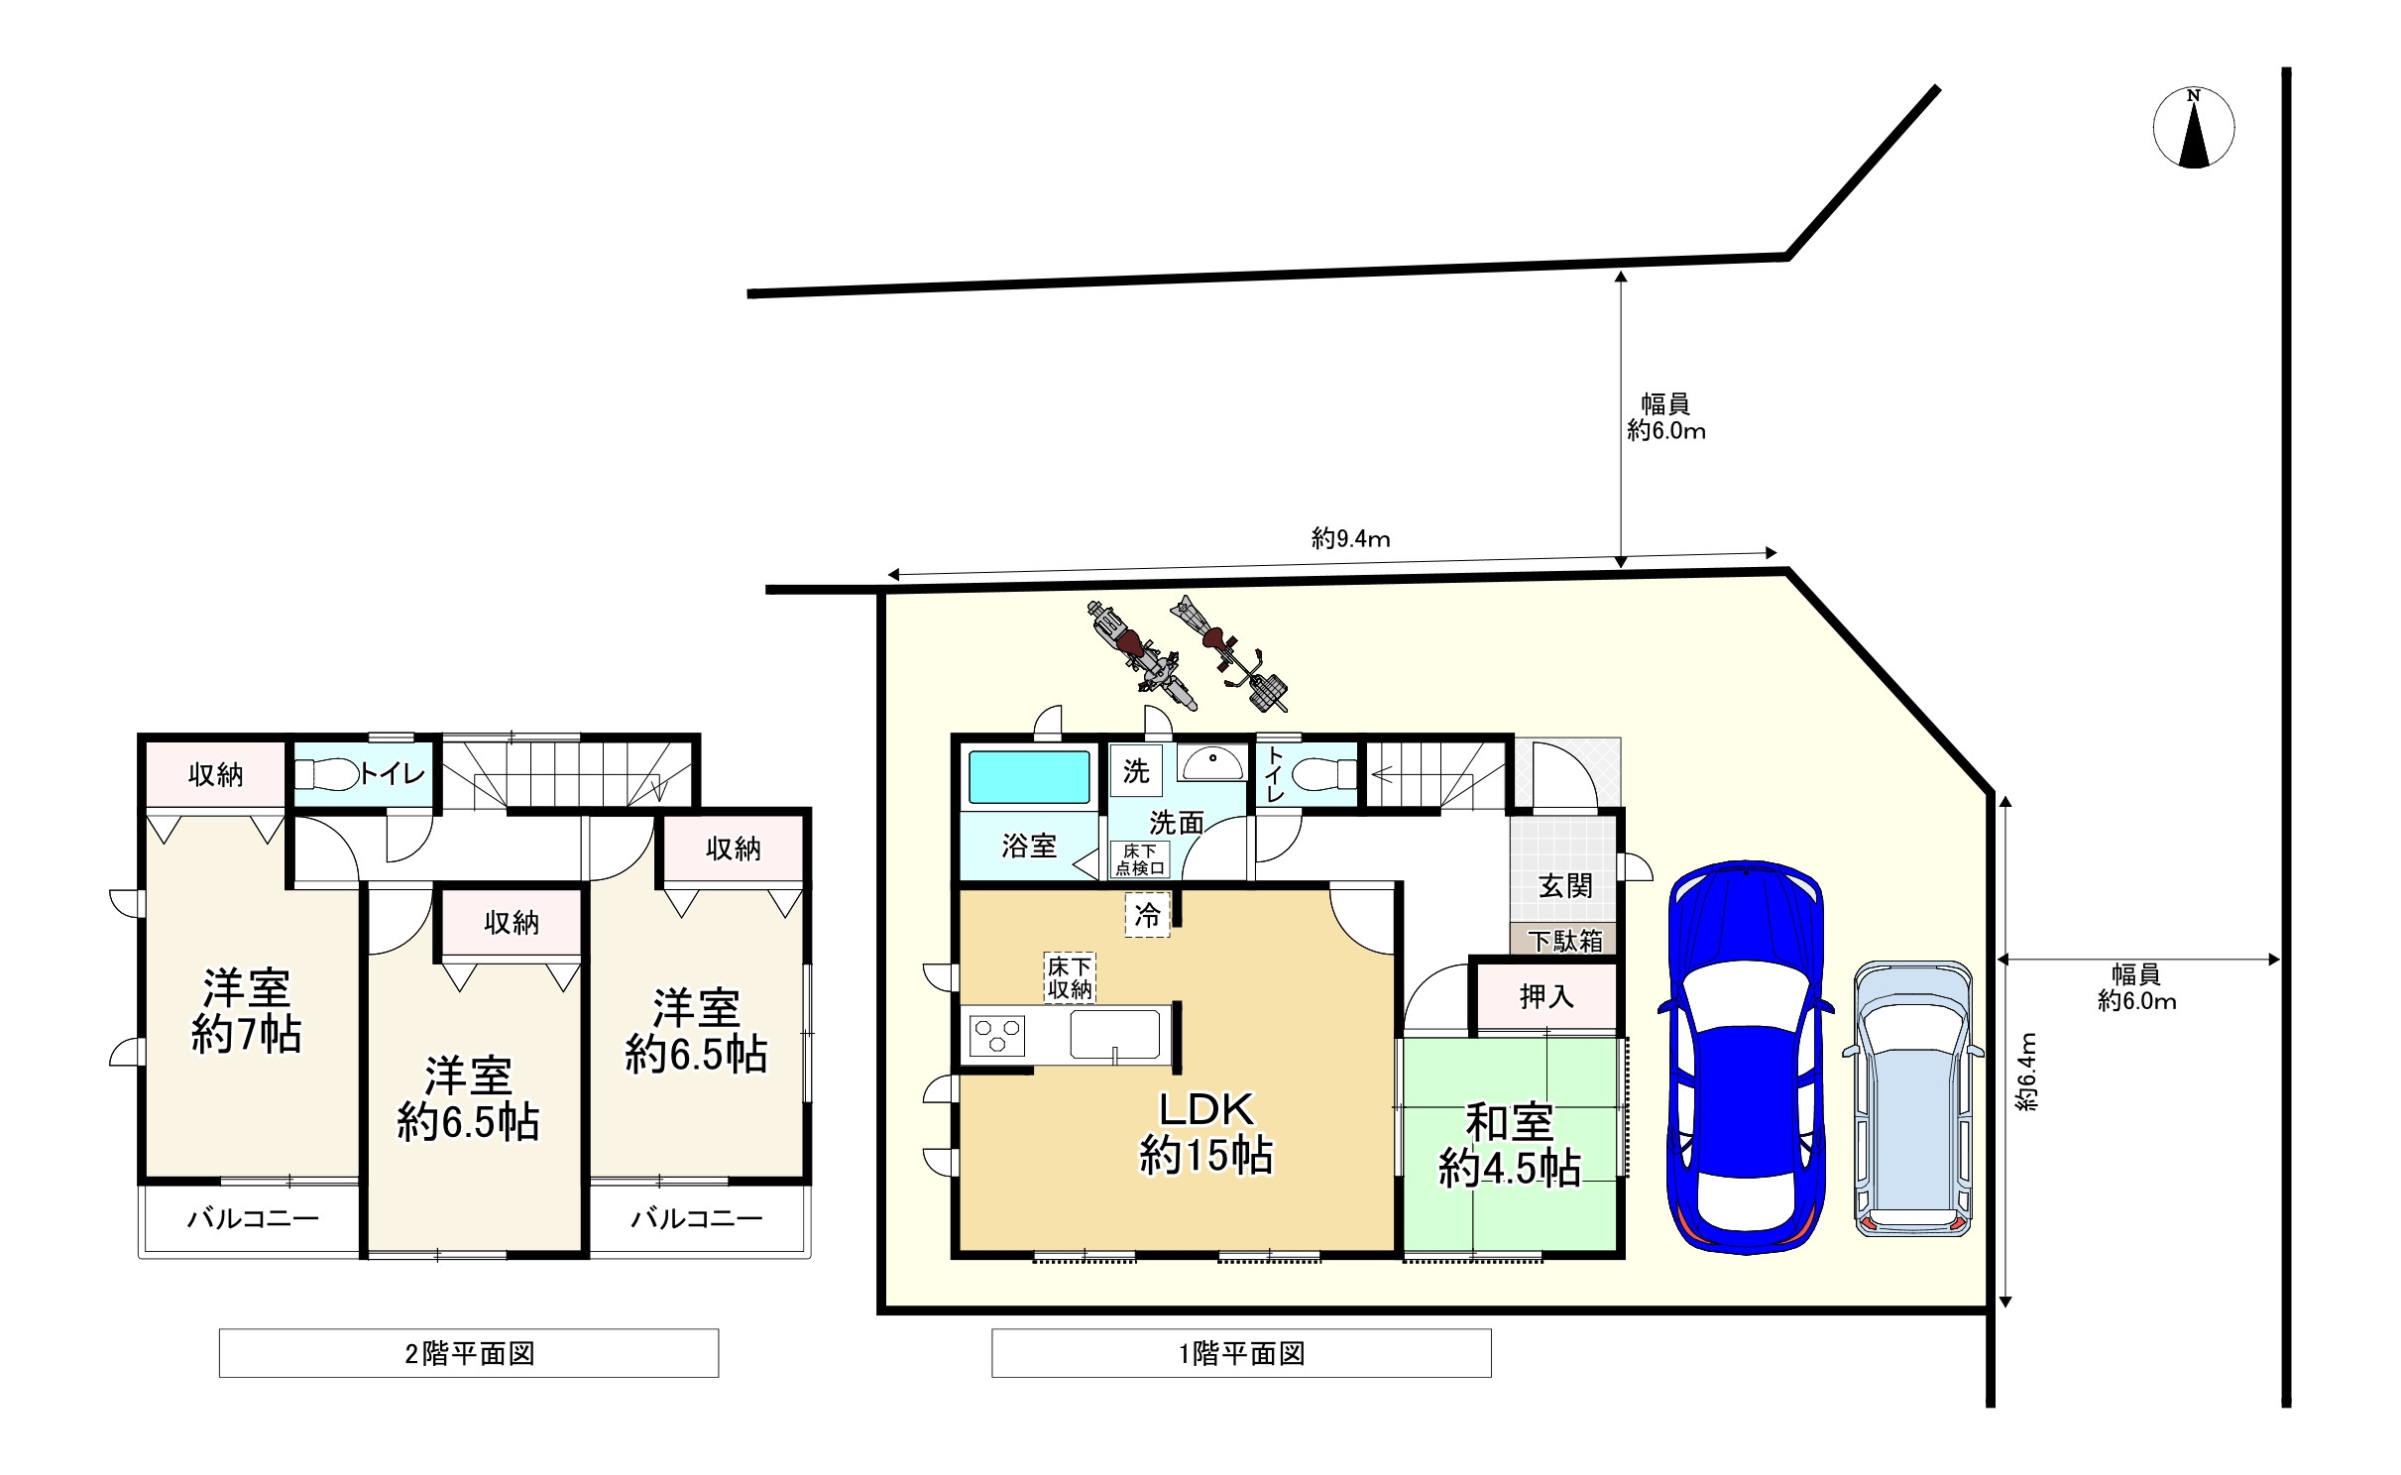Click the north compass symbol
pyautogui.click(x=2193, y=129)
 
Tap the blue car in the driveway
pyautogui.click(x=1745, y=1056)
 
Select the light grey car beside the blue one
pyautogui.click(x=1912, y=1098)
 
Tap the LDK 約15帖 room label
pyautogui.click(x=1205, y=1132)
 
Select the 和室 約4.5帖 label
pyautogui.click(x=1509, y=1146)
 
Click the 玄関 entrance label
pyautogui.click(x=1565, y=885)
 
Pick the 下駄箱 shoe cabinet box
pyautogui.click(x=1564, y=941)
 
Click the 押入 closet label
pyautogui.click(x=1546, y=996)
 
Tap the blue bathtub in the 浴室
pyautogui.click(x=1028, y=777)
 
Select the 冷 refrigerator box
pyautogui.click(x=1147, y=915)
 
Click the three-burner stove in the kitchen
pyautogui.click(x=997, y=1037)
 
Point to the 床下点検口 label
pyautogui.click(x=1139, y=859)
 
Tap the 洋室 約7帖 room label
pyautogui.click(x=246, y=1011)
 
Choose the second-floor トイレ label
pyautogui.click(x=392, y=773)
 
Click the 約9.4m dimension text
pyautogui.click(x=1350, y=538)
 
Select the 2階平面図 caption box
pyautogui.click(x=468, y=1353)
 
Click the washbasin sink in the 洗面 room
pyautogui.click(x=1210, y=764)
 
